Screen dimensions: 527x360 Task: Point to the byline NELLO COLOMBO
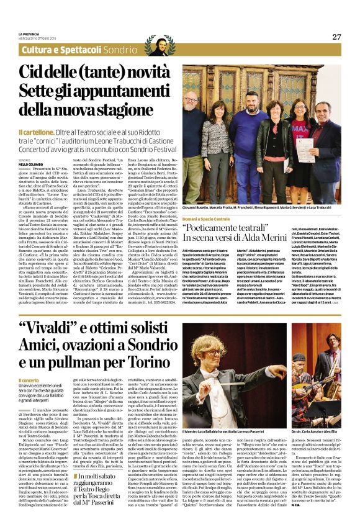coord(35,164)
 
